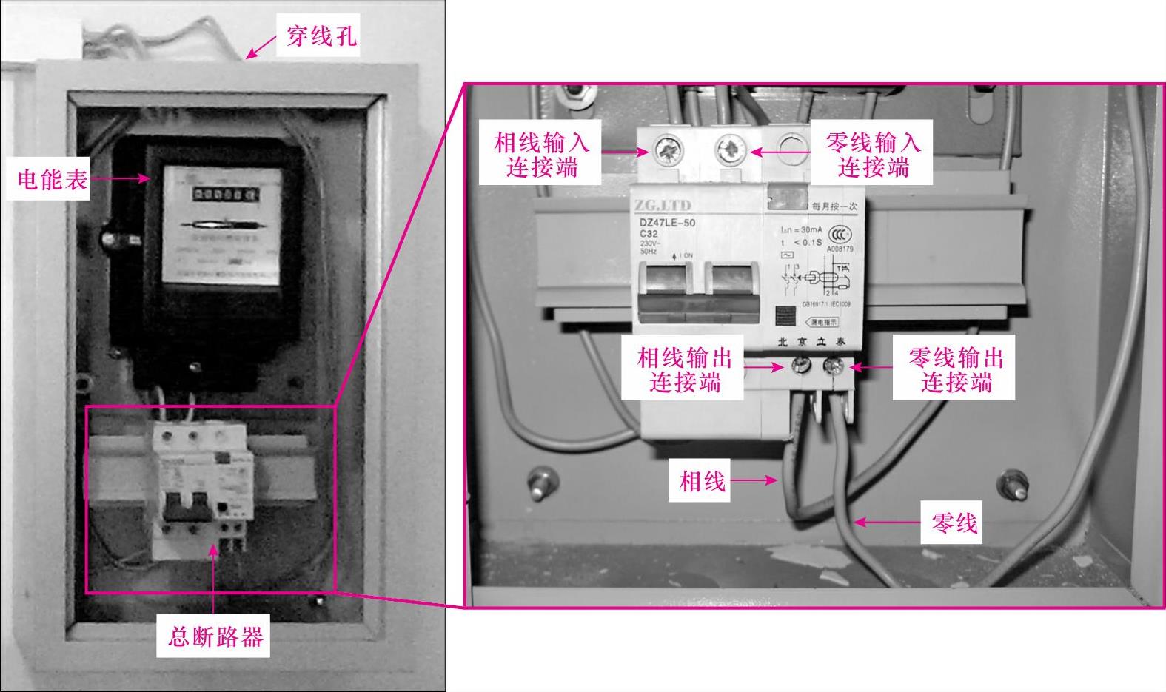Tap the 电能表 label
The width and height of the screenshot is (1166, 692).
click(x=52, y=180)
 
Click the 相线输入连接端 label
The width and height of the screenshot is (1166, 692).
click(x=541, y=154)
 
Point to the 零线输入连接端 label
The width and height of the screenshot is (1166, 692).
click(x=873, y=154)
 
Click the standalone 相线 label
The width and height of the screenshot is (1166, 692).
click(x=702, y=481)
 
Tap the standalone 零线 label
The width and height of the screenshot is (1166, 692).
click(x=954, y=523)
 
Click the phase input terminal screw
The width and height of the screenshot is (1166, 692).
click(x=666, y=152)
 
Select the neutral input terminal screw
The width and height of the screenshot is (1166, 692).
click(x=730, y=151)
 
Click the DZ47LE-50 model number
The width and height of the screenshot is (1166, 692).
click(x=667, y=222)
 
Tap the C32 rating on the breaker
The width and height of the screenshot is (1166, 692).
click(x=649, y=234)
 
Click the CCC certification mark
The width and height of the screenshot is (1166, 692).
click(x=837, y=231)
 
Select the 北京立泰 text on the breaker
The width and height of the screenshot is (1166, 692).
click(x=810, y=342)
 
